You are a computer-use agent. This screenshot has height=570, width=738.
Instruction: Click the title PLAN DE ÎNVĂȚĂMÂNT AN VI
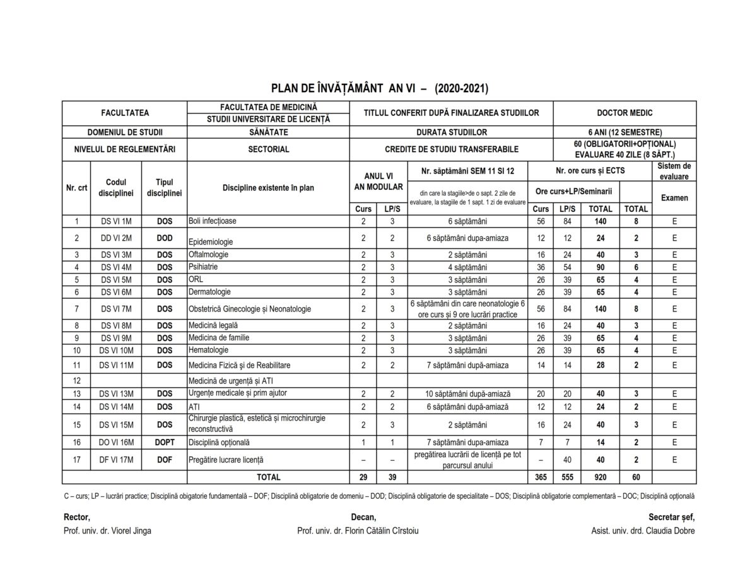(379, 88)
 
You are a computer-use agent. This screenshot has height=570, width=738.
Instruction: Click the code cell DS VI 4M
(117, 267)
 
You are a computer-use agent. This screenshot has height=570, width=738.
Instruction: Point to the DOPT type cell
(165, 442)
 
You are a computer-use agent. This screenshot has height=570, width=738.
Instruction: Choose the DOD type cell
(165, 238)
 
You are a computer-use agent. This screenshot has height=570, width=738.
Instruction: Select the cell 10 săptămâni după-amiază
(467, 394)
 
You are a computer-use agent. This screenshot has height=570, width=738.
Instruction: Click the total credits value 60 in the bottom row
(636, 477)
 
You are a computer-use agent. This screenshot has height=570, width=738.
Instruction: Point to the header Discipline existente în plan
(268, 187)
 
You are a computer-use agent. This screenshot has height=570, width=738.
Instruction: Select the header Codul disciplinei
(117, 187)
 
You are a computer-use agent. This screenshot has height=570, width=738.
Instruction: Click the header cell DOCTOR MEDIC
(624, 113)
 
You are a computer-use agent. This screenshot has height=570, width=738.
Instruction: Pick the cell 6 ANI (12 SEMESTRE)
(624, 132)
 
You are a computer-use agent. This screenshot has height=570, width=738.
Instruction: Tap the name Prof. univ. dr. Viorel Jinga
(107, 530)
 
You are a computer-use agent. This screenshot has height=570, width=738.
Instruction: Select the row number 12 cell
(77, 381)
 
